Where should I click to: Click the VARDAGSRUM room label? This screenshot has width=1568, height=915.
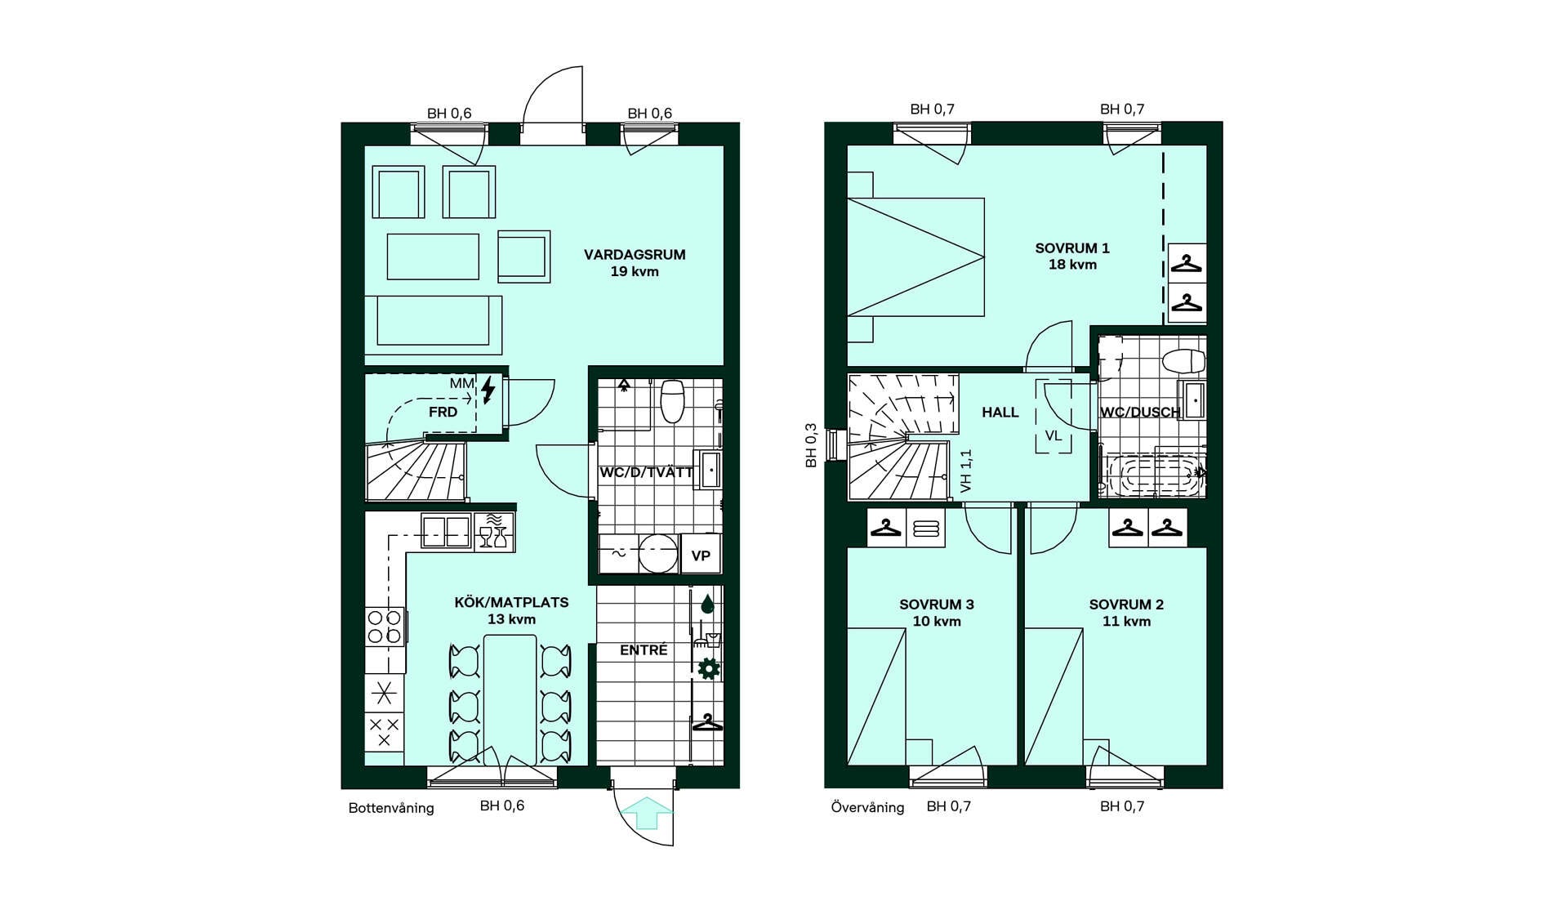tap(635, 255)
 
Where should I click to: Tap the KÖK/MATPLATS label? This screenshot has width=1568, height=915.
tap(511, 603)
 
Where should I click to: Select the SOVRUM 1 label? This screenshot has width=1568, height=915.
tap(1072, 248)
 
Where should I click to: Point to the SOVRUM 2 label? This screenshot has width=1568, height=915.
tap(1126, 605)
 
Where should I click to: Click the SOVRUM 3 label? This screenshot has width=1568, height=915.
tap(937, 605)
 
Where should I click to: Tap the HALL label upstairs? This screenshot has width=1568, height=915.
tap(1000, 413)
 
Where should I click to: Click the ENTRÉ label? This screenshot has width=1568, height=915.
tap(644, 649)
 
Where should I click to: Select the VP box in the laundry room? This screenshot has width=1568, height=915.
tap(701, 556)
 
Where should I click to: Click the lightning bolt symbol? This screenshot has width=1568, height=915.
tap(488, 391)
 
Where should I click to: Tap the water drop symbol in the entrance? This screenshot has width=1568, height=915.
tap(707, 605)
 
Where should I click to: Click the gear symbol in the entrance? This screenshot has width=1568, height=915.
tap(708, 669)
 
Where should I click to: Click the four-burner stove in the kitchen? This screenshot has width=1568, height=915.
tap(384, 627)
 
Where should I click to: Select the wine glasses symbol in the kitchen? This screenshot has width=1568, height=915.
tap(493, 537)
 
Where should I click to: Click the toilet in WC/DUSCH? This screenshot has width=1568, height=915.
tap(1184, 360)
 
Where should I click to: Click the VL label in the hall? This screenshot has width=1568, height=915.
tap(1053, 436)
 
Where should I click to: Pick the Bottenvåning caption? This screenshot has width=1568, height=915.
tap(391, 809)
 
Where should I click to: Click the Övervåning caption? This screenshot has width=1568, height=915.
tap(867, 807)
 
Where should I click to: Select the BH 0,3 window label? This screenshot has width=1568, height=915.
tap(811, 445)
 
